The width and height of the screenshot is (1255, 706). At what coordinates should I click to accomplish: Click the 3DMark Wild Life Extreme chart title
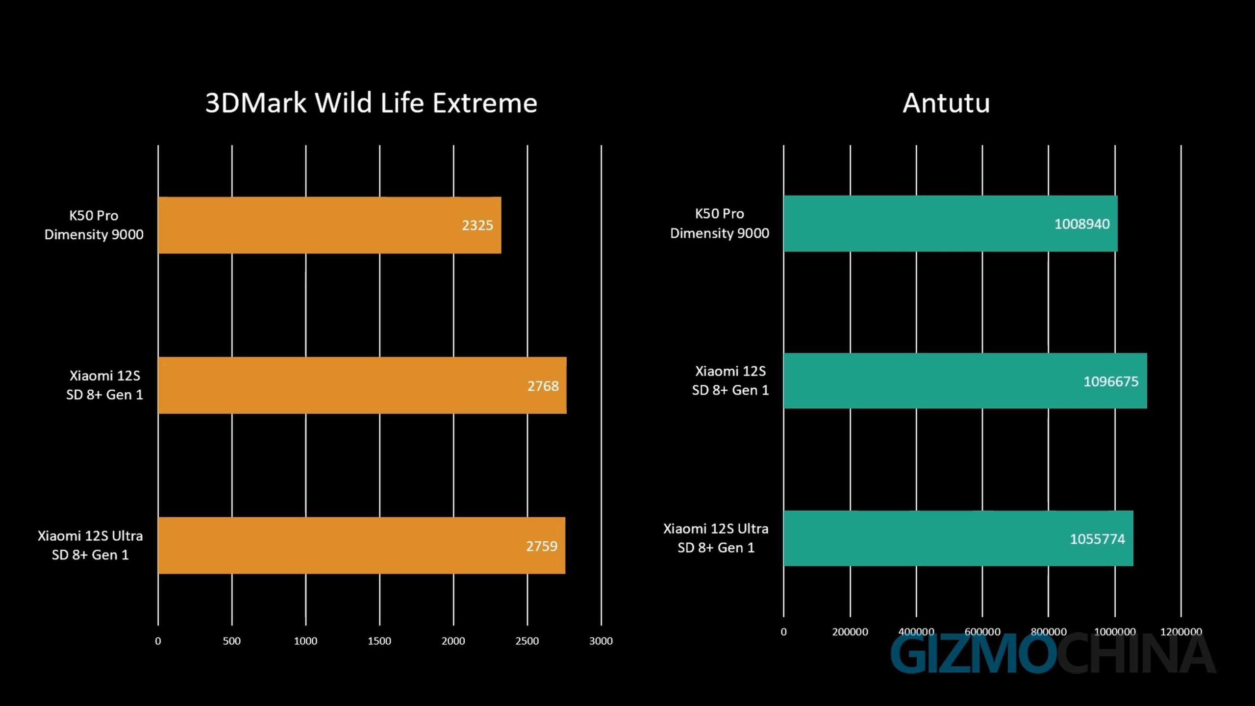[x=371, y=103]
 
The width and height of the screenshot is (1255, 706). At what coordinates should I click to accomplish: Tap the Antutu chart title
[x=946, y=103]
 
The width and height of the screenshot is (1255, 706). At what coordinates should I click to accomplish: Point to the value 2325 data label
[x=477, y=226]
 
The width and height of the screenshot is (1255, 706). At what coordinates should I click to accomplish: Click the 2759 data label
[x=541, y=546]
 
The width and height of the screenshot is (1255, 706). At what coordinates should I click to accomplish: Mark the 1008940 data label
[x=1081, y=224]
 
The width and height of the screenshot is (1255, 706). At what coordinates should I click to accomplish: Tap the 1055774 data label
[x=1097, y=539]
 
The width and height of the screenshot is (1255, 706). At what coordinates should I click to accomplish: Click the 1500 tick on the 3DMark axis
[x=379, y=641]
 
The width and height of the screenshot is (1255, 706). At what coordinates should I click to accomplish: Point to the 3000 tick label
[x=601, y=641]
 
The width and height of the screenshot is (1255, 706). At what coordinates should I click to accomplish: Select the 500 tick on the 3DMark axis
[x=232, y=641]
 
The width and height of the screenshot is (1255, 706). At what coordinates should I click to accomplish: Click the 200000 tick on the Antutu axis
[x=850, y=632]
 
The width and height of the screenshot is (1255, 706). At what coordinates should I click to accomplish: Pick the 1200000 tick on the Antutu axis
[x=1181, y=632]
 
